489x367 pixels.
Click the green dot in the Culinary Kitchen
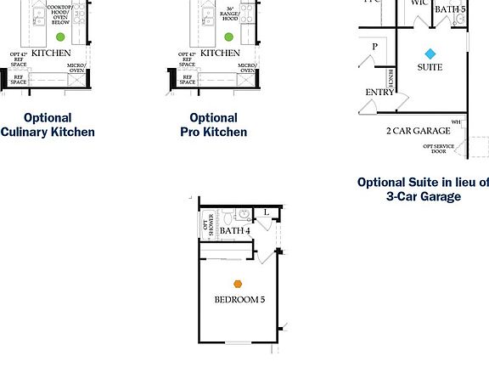[x=59, y=37]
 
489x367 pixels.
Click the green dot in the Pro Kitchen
[x=228, y=37]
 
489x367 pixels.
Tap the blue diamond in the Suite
[x=430, y=54]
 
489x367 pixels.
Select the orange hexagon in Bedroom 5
[x=239, y=285]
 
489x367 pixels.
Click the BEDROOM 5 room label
[x=239, y=300]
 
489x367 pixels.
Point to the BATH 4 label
[x=234, y=230]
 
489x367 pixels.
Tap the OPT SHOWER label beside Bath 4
[x=209, y=225]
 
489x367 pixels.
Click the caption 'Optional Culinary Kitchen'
[x=48, y=125]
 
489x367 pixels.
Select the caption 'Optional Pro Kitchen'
[x=213, y=125]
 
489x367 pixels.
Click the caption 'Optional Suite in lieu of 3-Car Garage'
[x=423, y=189]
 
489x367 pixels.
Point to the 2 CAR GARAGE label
[x=418, y=131]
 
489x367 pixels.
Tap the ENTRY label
[x=379, y=92]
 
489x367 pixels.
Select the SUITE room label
[x=430, y=67]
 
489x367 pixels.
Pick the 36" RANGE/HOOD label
[x=229, y=12]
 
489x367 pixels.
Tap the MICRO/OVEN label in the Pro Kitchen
[x=247, y=67]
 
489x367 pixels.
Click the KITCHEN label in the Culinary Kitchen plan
[x=51, y=53]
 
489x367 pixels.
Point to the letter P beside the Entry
[x=374, y=46]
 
